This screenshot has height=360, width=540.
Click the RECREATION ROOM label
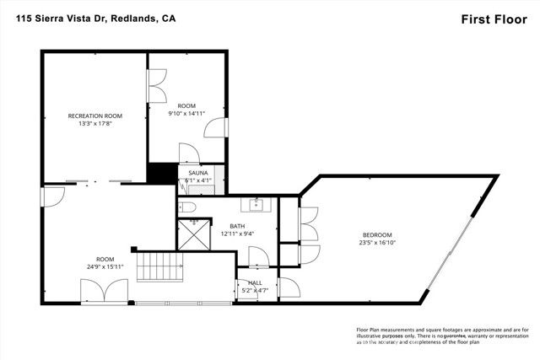(x=95, y=116)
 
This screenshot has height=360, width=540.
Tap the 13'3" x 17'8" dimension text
(x=95, y=124)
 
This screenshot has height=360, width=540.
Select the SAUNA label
(x=198, y=172)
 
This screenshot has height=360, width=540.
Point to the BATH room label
(x=237, y=225)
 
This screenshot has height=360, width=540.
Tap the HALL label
(x=255, y=283)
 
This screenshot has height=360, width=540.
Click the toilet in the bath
(x=188, y=207)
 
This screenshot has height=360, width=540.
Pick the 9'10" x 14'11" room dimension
(x=186, y=112)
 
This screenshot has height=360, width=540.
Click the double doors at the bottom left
(x=105, y=292)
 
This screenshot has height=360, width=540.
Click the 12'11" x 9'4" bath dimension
(x=237, y=234)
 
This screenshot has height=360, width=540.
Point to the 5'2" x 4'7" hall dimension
(x=255, y=291)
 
